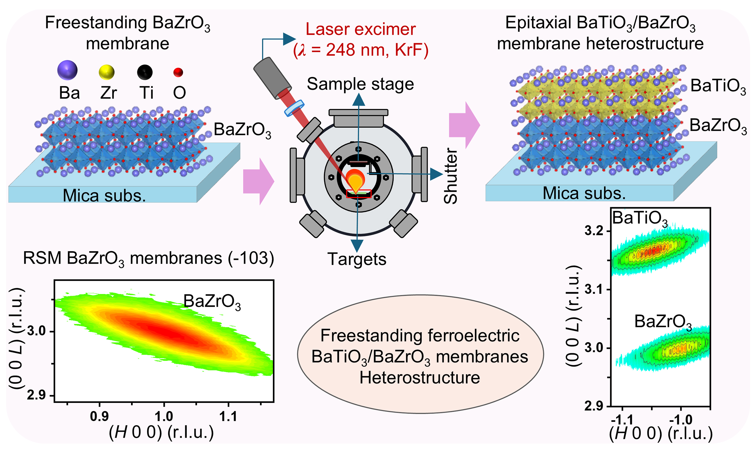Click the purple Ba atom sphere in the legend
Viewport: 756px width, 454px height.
coord(67,70)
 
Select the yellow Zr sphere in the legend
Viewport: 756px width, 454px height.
coord(106,72)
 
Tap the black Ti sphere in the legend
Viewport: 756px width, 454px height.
coord(144,72)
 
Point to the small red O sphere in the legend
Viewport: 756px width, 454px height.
coord(178,72)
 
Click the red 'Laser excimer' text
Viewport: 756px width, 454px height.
coord(361,29)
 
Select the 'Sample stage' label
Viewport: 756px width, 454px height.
coord(360,84)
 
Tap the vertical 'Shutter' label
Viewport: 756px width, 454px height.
coord(451,176)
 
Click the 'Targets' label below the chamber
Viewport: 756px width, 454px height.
coord(357,259)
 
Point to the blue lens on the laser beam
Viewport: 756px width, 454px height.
coord(294,108)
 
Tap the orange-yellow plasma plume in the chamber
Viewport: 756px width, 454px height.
coord(356,182)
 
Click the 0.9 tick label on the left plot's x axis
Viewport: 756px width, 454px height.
coord(99,416)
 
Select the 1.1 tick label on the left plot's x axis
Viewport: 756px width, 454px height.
coord(228,416)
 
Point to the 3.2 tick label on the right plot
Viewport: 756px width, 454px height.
coord(594,231)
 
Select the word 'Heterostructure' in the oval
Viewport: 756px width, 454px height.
coord(420,377)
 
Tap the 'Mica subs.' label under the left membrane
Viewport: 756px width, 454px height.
coord(104,195)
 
